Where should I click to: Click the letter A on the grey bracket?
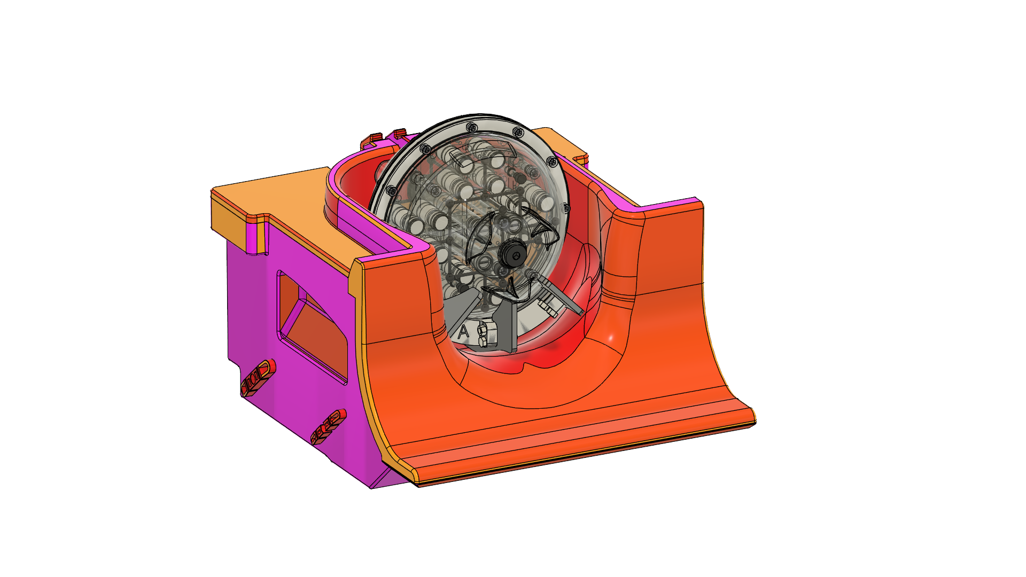coord(463,331)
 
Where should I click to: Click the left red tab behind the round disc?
coord(372,140)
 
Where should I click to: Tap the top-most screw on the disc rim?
coord(471,127)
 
